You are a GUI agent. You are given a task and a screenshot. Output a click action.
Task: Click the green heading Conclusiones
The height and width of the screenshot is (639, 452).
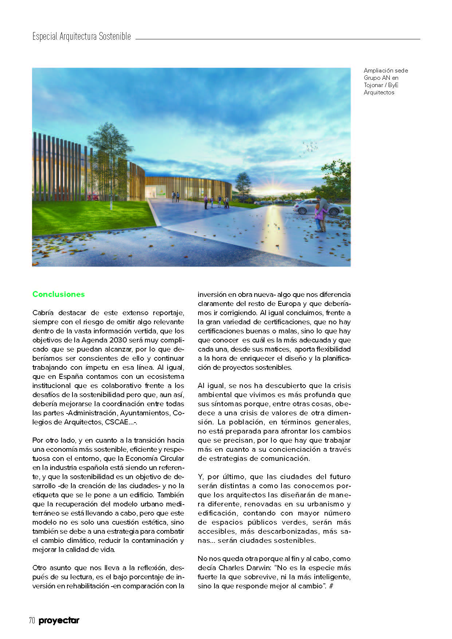pos(59,294)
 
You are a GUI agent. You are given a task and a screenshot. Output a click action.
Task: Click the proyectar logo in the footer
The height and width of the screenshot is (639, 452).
pos(59,621)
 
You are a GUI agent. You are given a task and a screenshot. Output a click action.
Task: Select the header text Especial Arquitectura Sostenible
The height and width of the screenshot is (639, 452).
pos(82,36)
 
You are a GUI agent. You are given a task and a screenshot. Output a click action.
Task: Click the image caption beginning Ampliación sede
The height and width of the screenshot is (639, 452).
pos(386,81)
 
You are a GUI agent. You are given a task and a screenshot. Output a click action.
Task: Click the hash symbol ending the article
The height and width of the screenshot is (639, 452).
pos(331,586)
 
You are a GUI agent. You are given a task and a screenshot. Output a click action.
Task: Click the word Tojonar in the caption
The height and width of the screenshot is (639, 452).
pos(373,85)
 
